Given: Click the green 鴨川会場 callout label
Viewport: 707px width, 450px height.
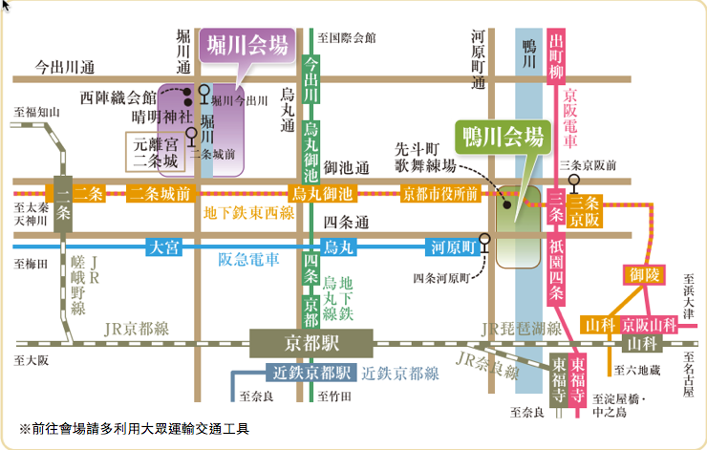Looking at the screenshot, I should tap(503, 135).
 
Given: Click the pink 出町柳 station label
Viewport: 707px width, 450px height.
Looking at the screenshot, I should tap(557, 55).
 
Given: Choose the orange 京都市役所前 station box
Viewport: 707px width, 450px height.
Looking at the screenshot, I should tap(440, 194).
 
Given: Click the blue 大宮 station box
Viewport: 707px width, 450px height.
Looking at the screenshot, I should tap(164, 246).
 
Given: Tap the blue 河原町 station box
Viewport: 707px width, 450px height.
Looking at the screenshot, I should tap(452, 246).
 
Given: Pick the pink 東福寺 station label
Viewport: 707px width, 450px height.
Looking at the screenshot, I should tap(579, 378).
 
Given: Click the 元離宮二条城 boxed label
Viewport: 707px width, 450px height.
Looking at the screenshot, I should tap(158, 152).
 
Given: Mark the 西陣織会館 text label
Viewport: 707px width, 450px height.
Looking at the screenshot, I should tap(118, 97).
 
